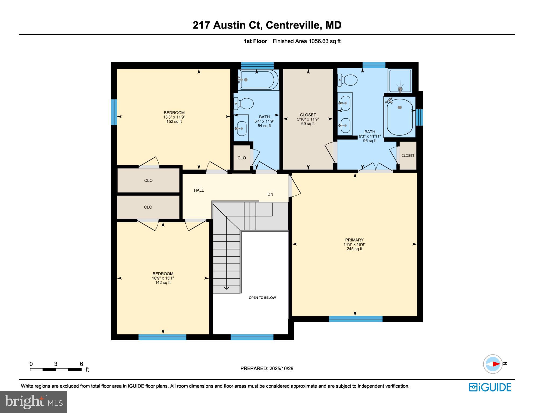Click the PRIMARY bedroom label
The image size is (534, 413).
pos(354,240)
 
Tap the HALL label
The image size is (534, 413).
pos(199,190)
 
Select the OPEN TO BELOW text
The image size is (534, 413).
pos(262,298)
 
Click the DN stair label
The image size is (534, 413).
pos(270,194)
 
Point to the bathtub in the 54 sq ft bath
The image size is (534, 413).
pos(259,80)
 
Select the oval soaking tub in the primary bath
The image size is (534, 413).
pos(400,117)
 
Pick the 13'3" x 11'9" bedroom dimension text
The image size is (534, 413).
pos(174,117)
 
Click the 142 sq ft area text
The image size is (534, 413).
pos(163,283)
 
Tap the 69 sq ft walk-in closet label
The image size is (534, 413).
pos(308,119)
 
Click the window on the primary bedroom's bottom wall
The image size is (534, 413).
pos(355,319)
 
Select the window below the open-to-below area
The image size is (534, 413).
pos(252,337)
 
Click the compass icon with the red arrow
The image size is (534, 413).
pos(493,364)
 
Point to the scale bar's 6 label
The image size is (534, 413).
pos(81,364)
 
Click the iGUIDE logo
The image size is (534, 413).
pos(490,387)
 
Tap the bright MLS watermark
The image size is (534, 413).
pos(33,402)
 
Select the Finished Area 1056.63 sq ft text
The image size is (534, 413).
pos(306,41)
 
